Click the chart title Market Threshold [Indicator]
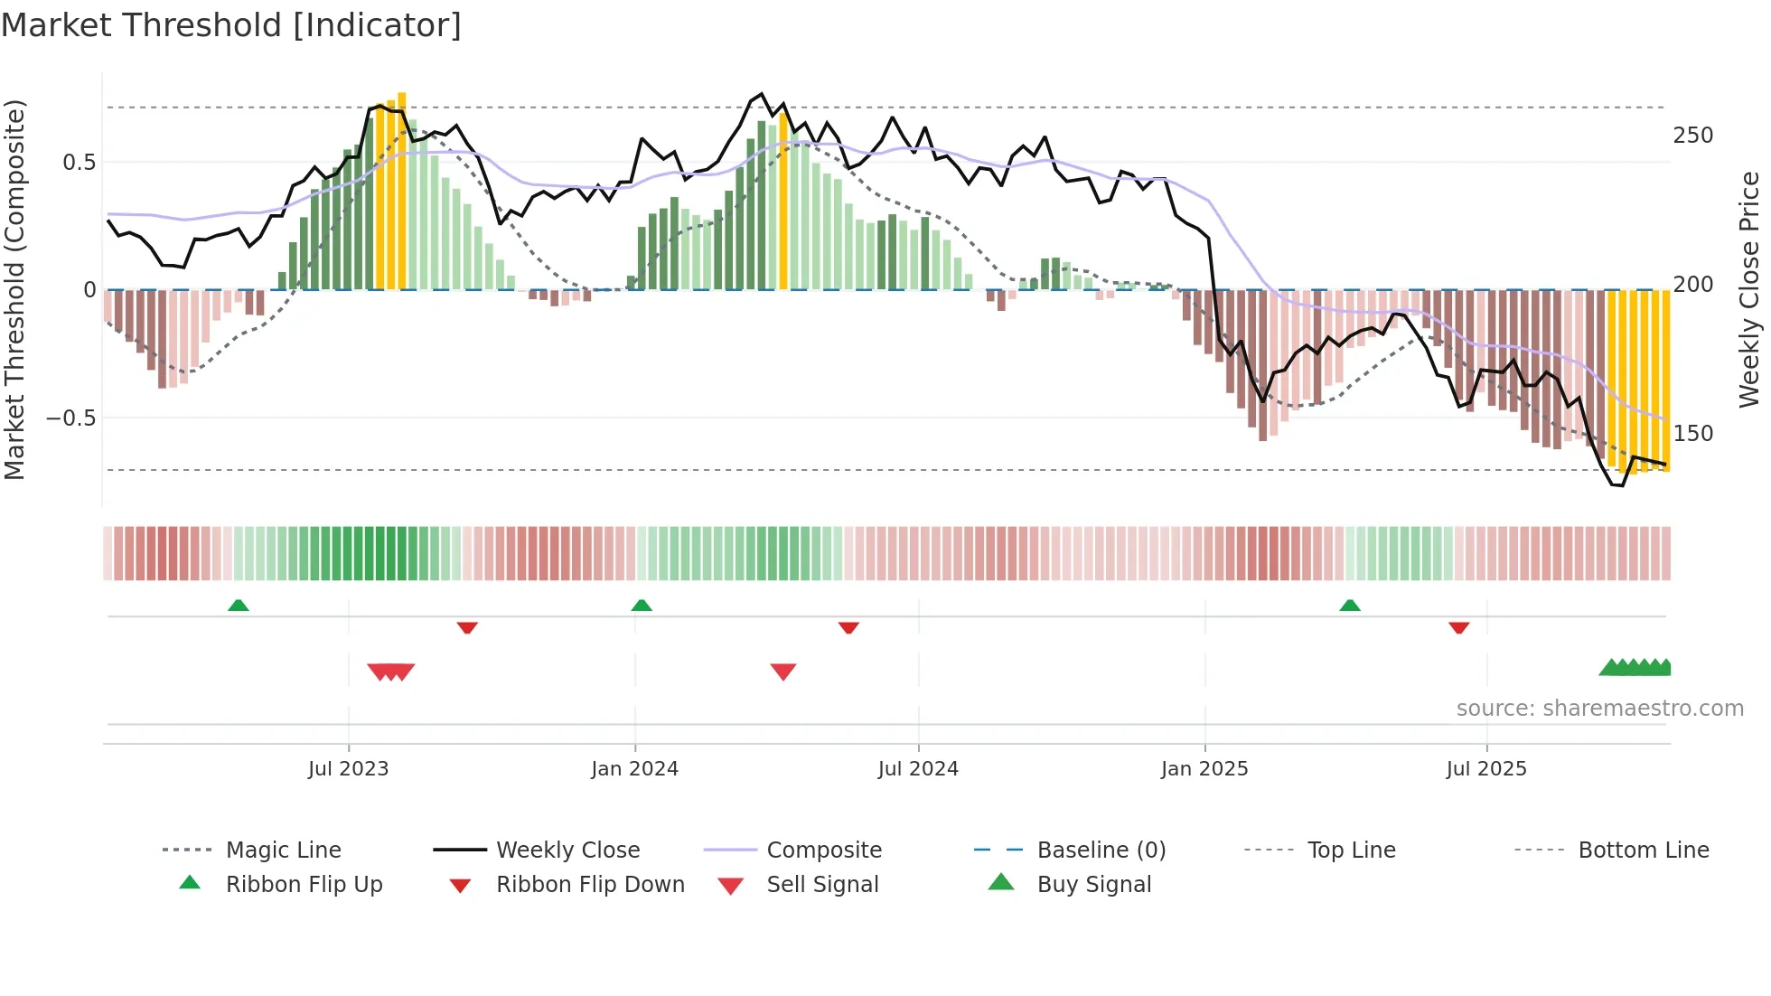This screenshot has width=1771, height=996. (x=231, y=25)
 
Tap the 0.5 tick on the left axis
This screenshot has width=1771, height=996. (x=79, y=163)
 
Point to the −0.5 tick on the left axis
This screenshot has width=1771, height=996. (x=70, y=418)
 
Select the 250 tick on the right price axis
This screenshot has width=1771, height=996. (x=1692, y=136)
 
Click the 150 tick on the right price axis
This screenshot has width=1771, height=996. (x=1692, y=434)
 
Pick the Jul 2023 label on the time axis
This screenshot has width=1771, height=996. (x=348, y=769)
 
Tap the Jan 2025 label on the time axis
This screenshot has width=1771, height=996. (x=1204, y=769)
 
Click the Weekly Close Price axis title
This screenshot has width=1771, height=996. (x=1750, y=289)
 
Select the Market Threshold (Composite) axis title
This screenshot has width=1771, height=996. (x=14, y=289)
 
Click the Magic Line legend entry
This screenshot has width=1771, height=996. (x=283, y=850)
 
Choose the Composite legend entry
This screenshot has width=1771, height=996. (x=823, y=850)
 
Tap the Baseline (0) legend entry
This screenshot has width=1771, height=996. (x=1101, y=850)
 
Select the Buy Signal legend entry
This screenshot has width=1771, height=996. (x=1093, y=885)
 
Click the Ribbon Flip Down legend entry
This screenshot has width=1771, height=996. (x=589, y=885)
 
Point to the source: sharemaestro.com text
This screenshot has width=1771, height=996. (x=1599, y=709)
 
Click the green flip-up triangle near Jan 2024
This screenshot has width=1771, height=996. (x=642, y=606)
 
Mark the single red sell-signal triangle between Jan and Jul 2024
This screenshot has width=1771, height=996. (x=783, y=672)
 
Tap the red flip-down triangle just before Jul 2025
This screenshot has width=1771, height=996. (x=1458, y=627)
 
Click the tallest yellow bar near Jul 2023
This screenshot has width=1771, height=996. (x=402, y=190)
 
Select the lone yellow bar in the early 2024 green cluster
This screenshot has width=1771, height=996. (x=783, y=199)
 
